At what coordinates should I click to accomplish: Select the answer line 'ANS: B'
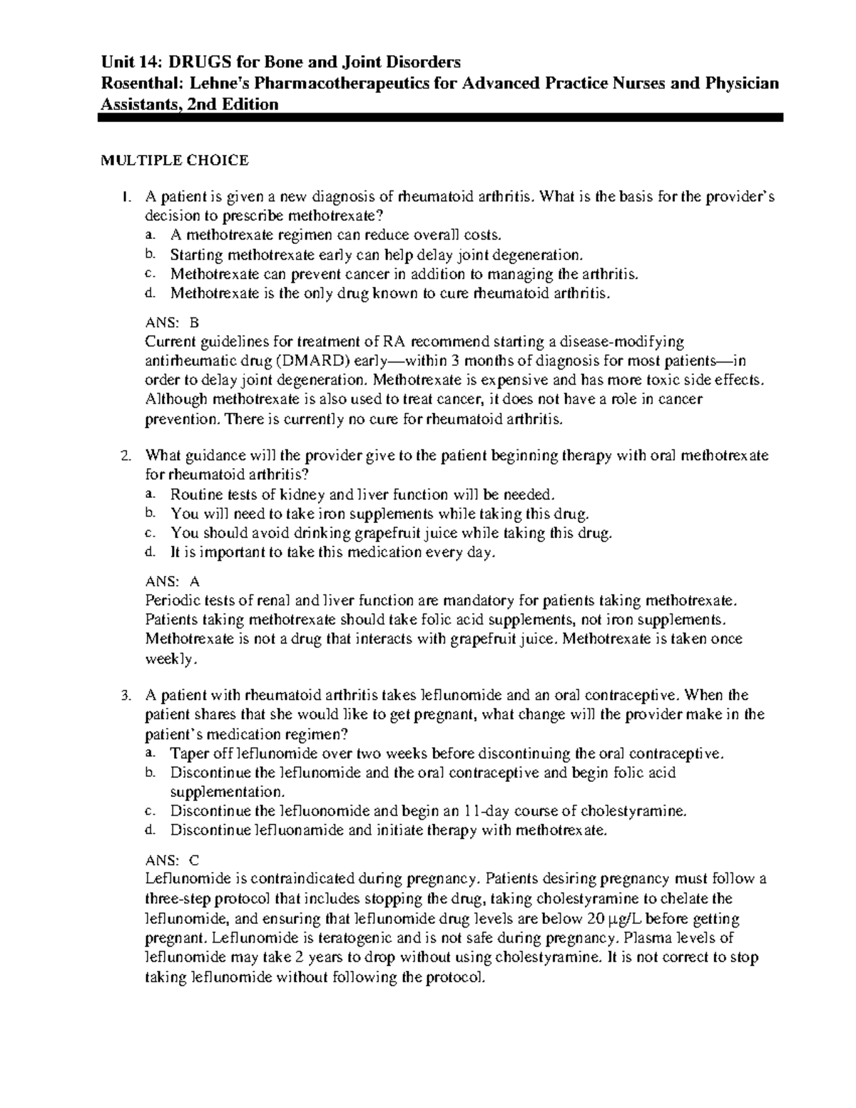[x=173, y=322]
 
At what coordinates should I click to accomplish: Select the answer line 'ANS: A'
[x=173, y=581]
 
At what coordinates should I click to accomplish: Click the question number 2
[x=126, y=455]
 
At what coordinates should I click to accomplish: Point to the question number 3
[x=126, y=695]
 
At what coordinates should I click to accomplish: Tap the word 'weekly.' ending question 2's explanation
[x=169, y=659]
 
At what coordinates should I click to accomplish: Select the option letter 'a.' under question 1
[x=148, y=235]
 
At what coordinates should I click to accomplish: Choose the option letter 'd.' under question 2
[x=148, y=552]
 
